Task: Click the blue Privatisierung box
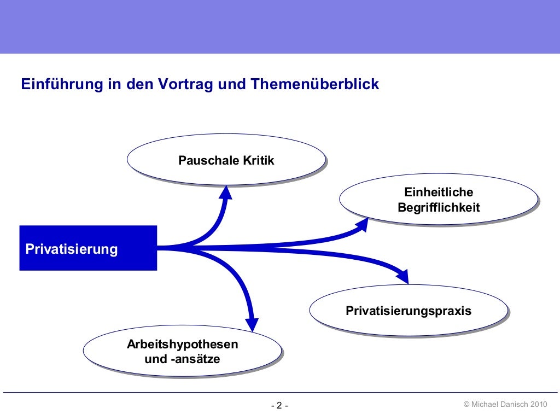coord(88,248)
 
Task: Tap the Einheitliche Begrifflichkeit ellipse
coord(438,199)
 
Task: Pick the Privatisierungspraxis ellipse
coord(408,310)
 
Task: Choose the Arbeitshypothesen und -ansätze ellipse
coord(182,352)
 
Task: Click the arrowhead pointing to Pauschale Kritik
coord(225,192)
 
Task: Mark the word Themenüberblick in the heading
coord(315,85)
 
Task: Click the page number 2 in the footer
coord(279,405)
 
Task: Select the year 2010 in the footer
coord(539,404)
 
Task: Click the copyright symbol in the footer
coord(466,404)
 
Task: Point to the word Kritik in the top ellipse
coord(255,160)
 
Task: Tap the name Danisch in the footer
coord(514,404)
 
